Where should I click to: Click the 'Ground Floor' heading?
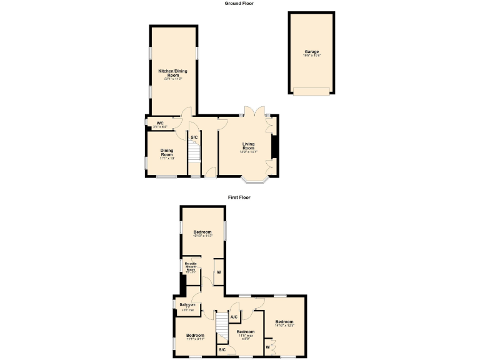239,3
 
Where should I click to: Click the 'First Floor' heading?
239,197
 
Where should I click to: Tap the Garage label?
311,51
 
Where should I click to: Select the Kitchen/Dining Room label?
172,73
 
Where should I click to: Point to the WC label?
160,122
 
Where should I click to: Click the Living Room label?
249,146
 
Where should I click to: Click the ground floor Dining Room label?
166,152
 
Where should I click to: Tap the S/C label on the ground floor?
194,137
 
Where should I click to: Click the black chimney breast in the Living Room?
274,147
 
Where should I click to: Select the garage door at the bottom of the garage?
311,91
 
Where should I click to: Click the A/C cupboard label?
234,317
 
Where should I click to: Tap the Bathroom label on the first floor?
187,305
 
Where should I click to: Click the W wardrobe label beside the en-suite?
219,272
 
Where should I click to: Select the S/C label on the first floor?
222,349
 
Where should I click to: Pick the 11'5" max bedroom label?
246,332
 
